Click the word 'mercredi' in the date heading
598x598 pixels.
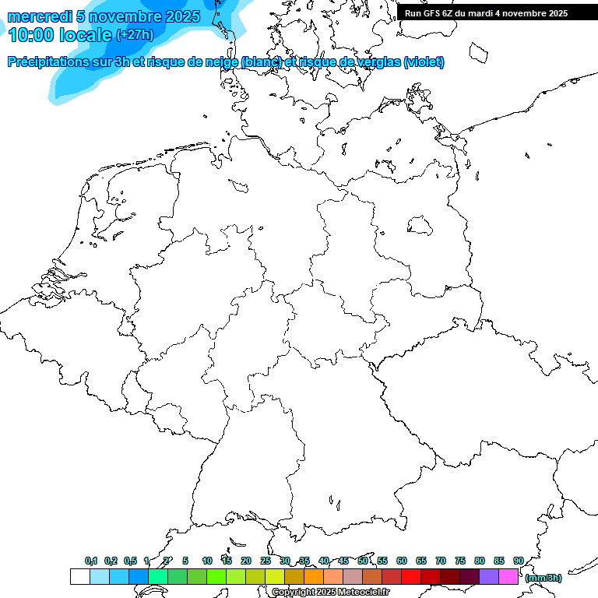coord(40,16)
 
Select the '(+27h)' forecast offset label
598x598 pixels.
coord(134,34)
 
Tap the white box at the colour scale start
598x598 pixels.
coord(79,576)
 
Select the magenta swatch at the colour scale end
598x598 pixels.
coord(508,576)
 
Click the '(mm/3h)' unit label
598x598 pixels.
coord(543,578)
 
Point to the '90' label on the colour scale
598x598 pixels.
coord(519,561)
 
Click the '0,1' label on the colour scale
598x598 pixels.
coord(91,561)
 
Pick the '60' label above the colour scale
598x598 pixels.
coord(402,561)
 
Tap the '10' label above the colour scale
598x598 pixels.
coord(207,561)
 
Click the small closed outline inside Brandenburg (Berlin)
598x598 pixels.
coord(420,225)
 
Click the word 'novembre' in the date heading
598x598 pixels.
coord(132,16)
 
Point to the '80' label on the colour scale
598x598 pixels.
coord(480,561)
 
